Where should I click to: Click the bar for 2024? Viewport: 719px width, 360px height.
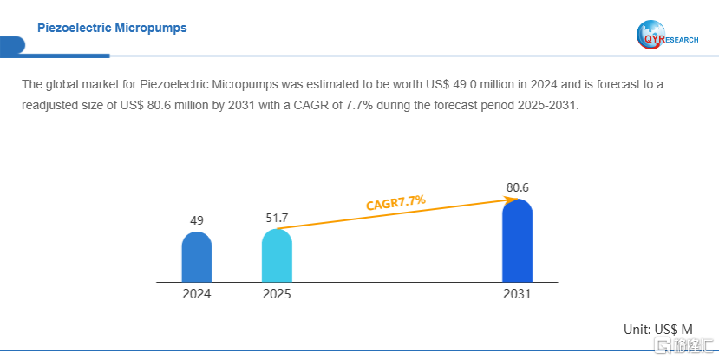pyautogui.click(x=197, y=258)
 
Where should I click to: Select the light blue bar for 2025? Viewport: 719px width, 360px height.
pyautogui.click(x=277, y=256)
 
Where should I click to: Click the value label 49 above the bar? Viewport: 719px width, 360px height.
pyautogui.click(x=197, y=220)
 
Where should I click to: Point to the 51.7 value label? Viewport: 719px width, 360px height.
pyautogui.click(x=277, y=217)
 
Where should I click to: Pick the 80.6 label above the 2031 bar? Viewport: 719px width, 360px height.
pyautogui.click(x=517, y=187)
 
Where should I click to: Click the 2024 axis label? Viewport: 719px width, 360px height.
pyautogui.click(x=197, y=294)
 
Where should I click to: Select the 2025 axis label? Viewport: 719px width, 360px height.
pyautogui.click(x=277, y=294)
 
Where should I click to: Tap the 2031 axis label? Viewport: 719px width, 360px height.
pyautogui.click(x=517, y=294)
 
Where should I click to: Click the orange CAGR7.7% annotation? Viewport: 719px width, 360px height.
pyautogui.click(x=395, y=202)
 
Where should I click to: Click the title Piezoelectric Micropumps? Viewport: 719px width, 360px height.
pyautogui.click(x=112, y=29)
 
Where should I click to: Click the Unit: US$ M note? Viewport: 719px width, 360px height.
pyautogui.click(x=658, y=330)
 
